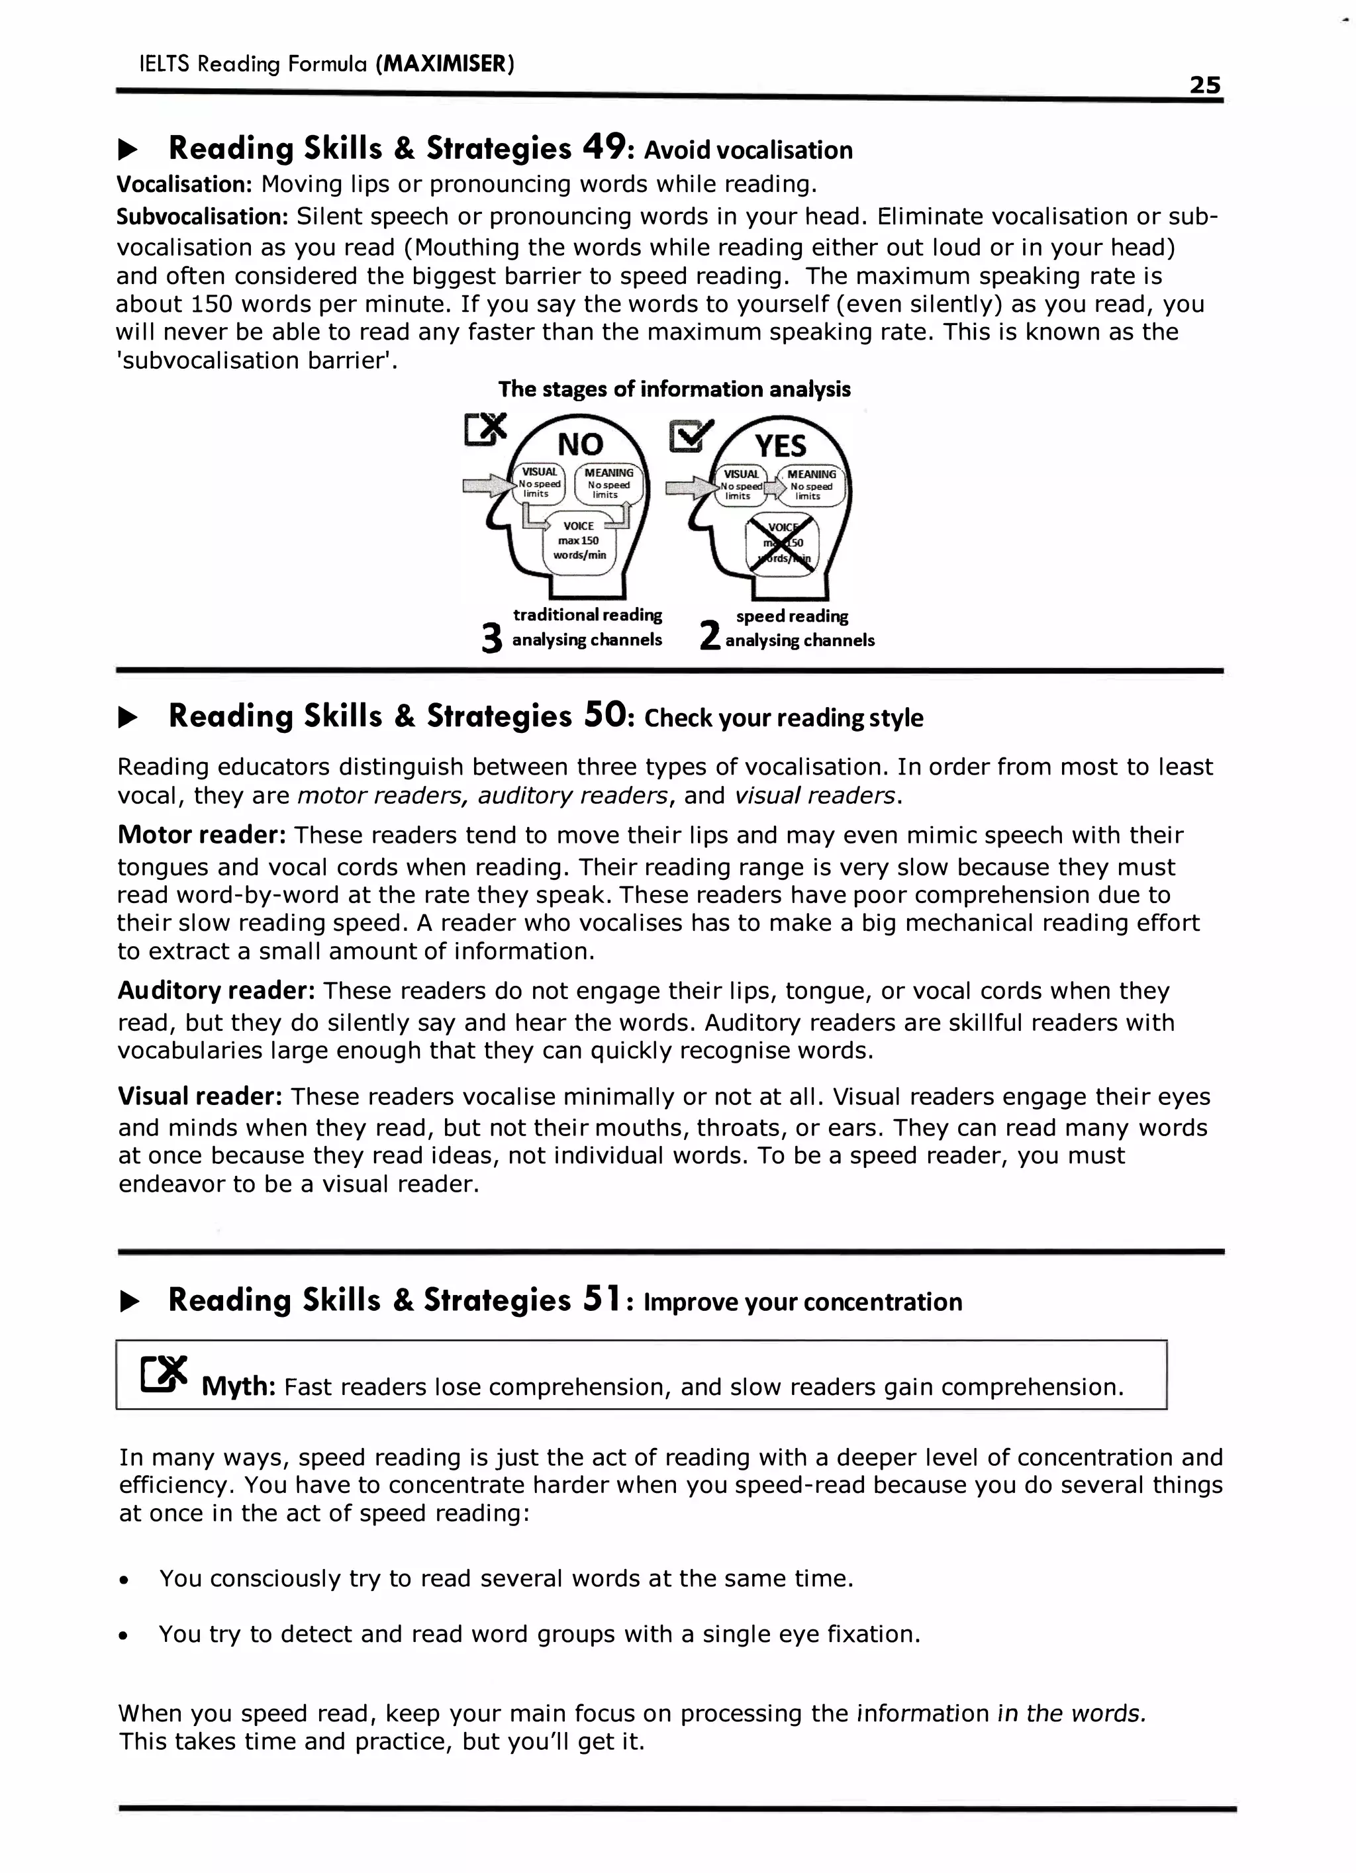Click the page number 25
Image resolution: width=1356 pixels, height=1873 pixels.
click(1204, 85)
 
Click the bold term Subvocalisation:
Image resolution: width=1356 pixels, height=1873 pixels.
click(201, 216)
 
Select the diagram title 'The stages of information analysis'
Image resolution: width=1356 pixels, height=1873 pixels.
click(674, 389)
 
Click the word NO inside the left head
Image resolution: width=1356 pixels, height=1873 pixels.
click(580, 444)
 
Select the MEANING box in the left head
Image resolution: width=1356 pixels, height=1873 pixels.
click(608, 484)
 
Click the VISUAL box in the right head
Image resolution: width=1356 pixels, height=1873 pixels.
click(740, 485)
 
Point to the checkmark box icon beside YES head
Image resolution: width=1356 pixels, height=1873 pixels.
click(691, 435)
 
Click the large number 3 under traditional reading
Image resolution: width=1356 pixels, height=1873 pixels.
click(491, 638)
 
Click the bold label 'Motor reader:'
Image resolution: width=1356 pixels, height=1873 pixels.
click(201, 835)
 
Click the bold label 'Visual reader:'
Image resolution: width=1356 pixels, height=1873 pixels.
click(201, 1096)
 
